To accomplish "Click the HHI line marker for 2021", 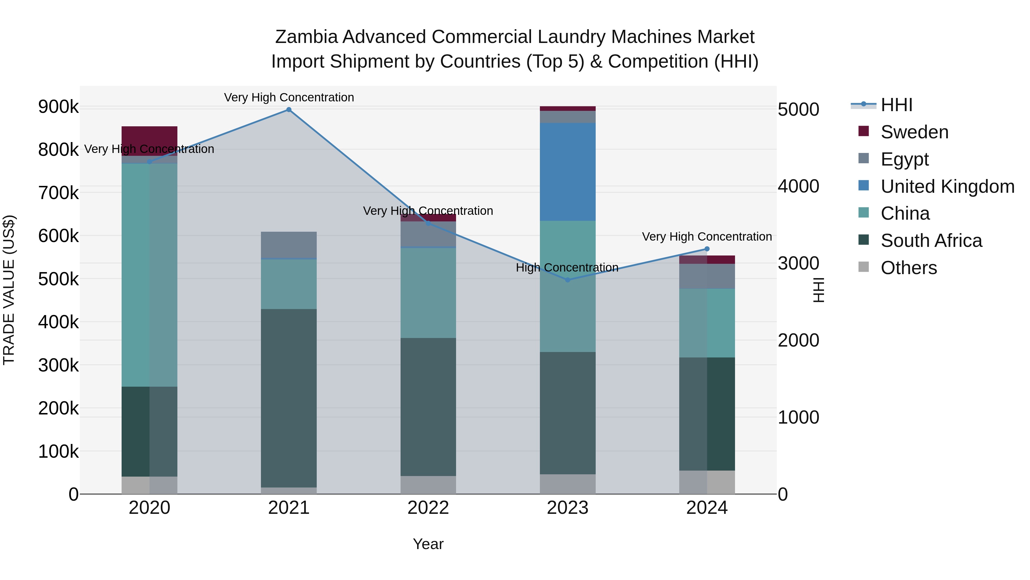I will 289,110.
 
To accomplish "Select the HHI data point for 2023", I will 567,280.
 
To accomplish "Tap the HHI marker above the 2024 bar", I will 707,249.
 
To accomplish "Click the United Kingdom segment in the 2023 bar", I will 567,172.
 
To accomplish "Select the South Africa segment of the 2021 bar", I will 289,398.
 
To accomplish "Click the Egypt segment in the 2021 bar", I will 289,245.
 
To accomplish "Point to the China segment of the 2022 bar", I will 428,293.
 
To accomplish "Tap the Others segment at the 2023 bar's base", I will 567,484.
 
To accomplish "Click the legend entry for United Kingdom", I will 947,186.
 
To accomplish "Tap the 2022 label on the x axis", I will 428,508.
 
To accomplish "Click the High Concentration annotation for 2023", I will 567,268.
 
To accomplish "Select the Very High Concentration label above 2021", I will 289,97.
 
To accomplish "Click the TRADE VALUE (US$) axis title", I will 9,290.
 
